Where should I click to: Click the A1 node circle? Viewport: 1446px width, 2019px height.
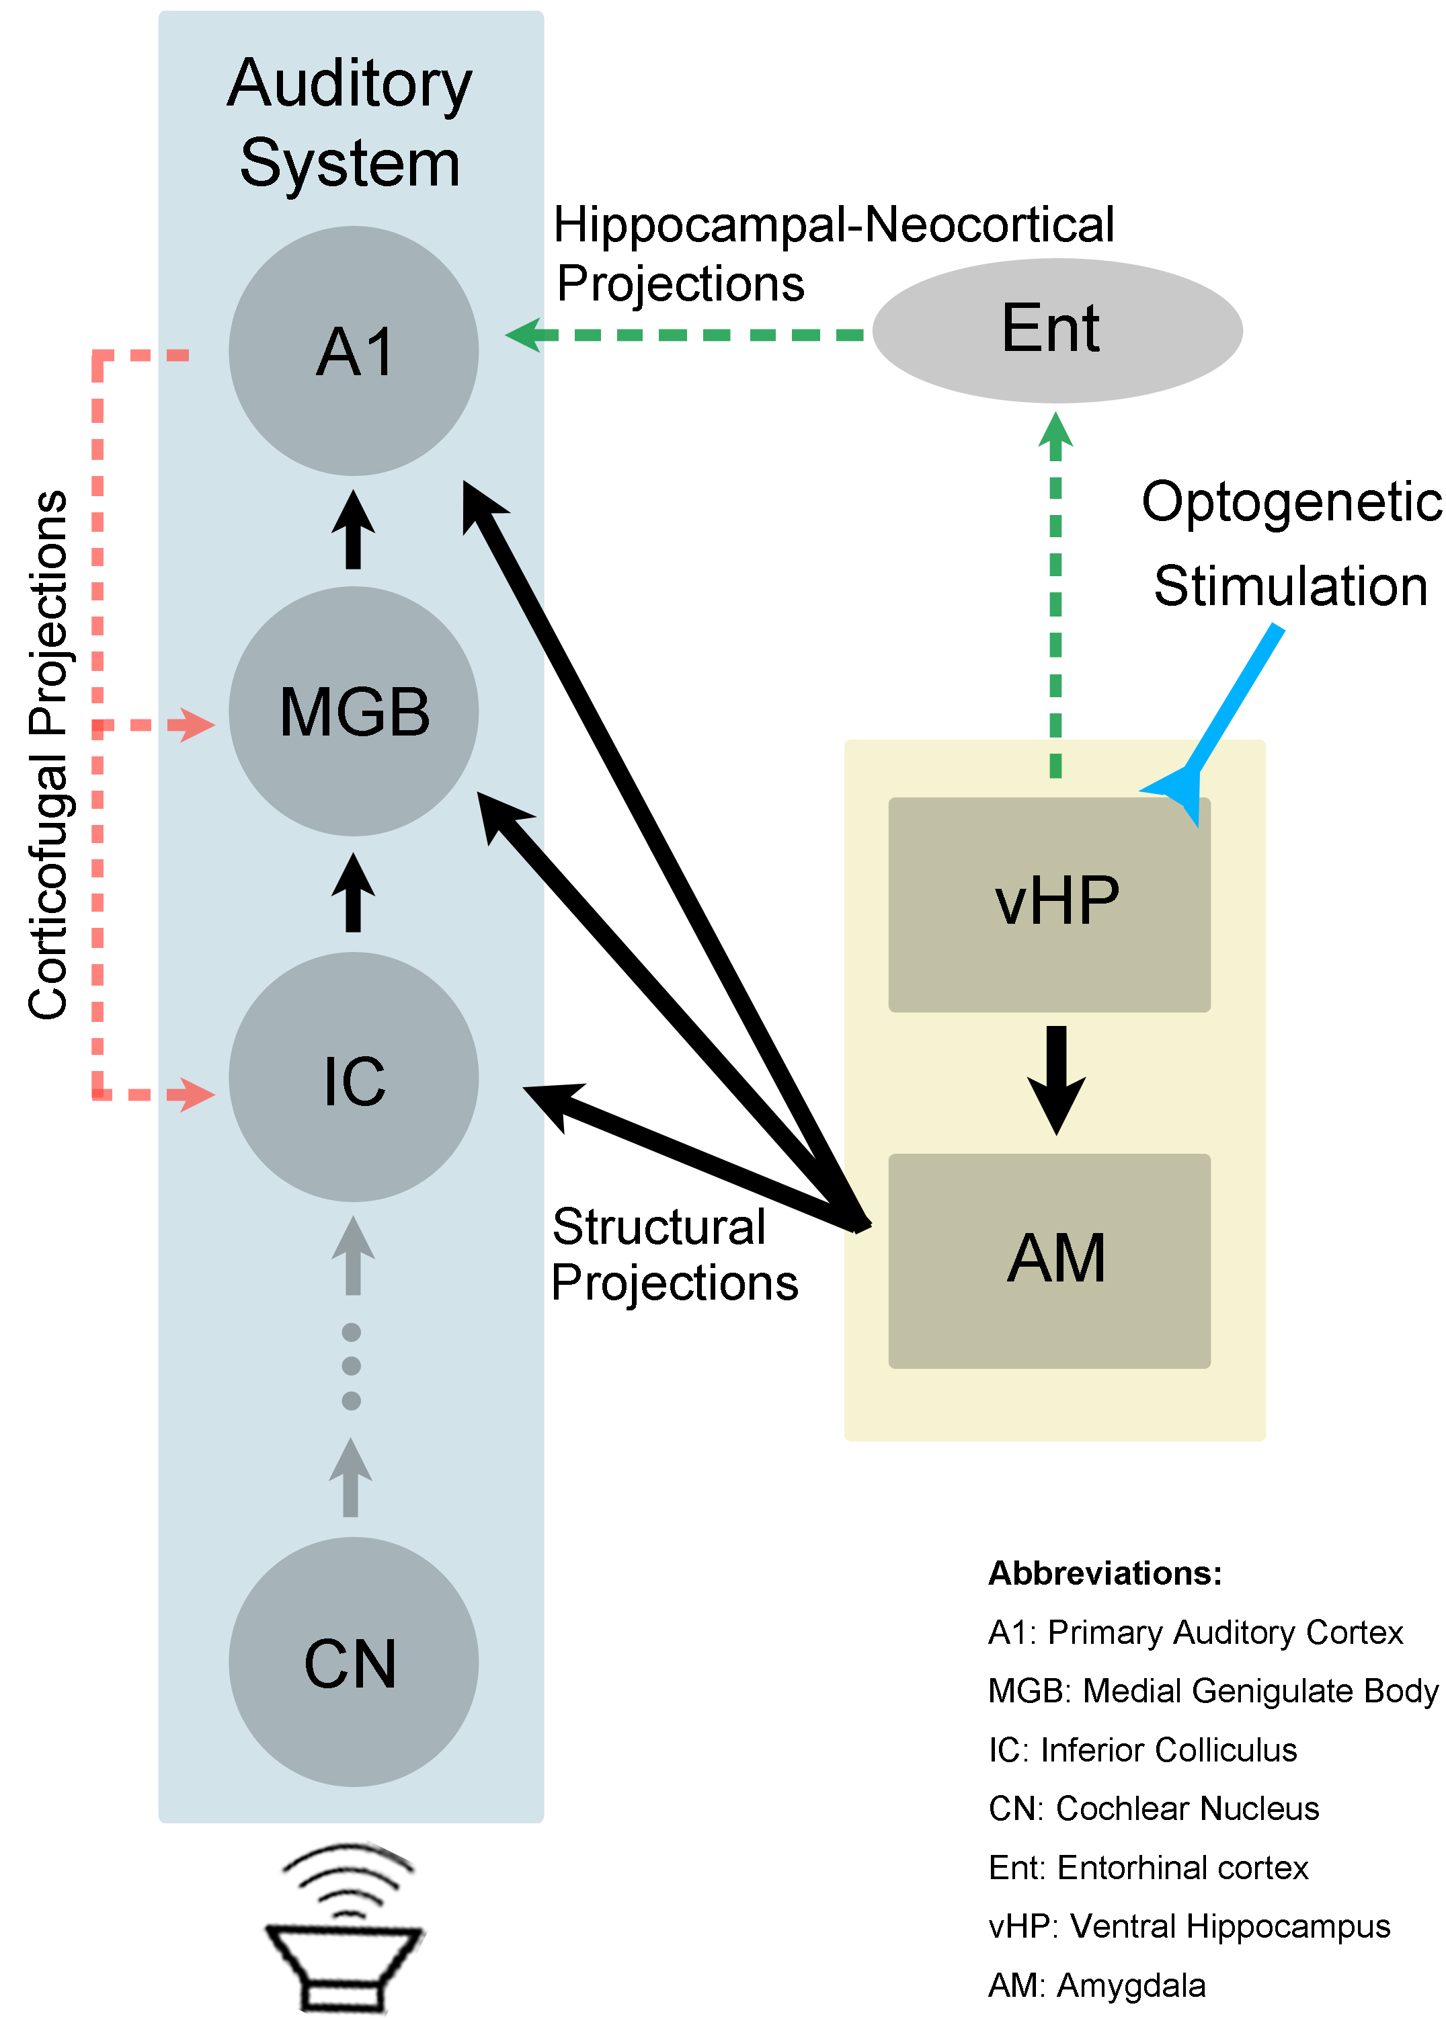(354, 351)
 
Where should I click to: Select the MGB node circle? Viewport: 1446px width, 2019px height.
(354, 711)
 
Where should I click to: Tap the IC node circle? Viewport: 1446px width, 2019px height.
(354, 1078)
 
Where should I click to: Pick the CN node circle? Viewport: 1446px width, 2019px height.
(354, 1662)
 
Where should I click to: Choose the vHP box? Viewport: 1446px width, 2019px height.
(1049, 904)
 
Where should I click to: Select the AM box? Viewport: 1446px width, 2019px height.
(1049, 1261)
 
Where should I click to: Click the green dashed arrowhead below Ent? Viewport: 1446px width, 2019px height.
(1056, 431)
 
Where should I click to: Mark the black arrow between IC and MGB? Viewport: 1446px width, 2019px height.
(354, 892)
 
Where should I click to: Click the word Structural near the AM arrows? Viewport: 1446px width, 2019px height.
(659, 1227)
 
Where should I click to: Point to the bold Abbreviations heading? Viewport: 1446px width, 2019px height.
(1105, 1573)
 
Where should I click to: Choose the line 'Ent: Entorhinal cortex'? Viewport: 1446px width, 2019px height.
(1148, 1868)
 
